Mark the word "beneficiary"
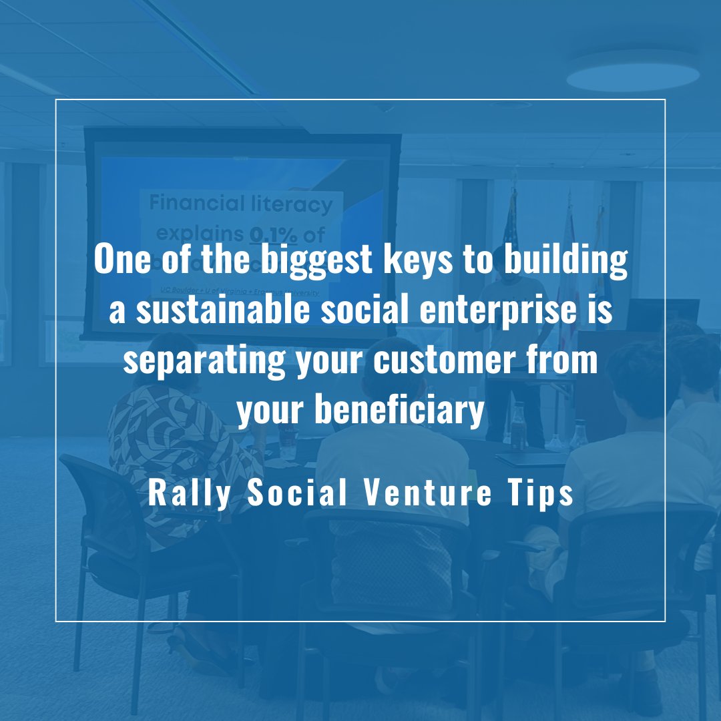[399, 412]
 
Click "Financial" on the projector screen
[194, 203]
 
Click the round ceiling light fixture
[633, 70]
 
